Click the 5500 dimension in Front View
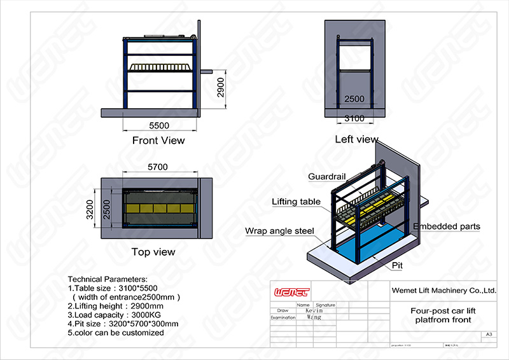click(x=158, y=125)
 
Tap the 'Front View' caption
click(x=158, y=140)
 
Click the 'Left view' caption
click(x=356, y=139)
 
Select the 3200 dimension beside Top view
click(x=90, y=209)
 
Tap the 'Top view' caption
click(x=153, y=252)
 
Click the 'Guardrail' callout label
click(x=326, y=176)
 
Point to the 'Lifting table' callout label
click(x=296, y=202)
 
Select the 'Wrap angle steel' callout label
click(x=280, y=231)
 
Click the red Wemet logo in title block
click(x=291, y=293)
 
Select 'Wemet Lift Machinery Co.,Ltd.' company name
click(x=443, y=291)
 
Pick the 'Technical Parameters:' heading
click(x=108, y=279)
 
